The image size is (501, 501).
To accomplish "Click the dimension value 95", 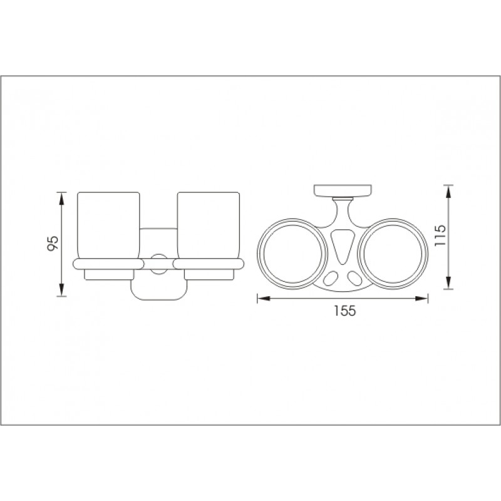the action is [x=53, y=243].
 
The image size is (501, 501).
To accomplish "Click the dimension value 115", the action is [x=440, y=235].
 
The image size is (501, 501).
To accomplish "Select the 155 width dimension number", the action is [x=345, y=311].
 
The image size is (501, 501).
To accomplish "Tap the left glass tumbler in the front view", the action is [x=108, y=225].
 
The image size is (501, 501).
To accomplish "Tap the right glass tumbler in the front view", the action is [x=209, y=225].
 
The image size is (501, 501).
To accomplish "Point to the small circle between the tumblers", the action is [x=159, y=264].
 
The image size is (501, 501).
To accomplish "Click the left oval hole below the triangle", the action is [x=331, y=277].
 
